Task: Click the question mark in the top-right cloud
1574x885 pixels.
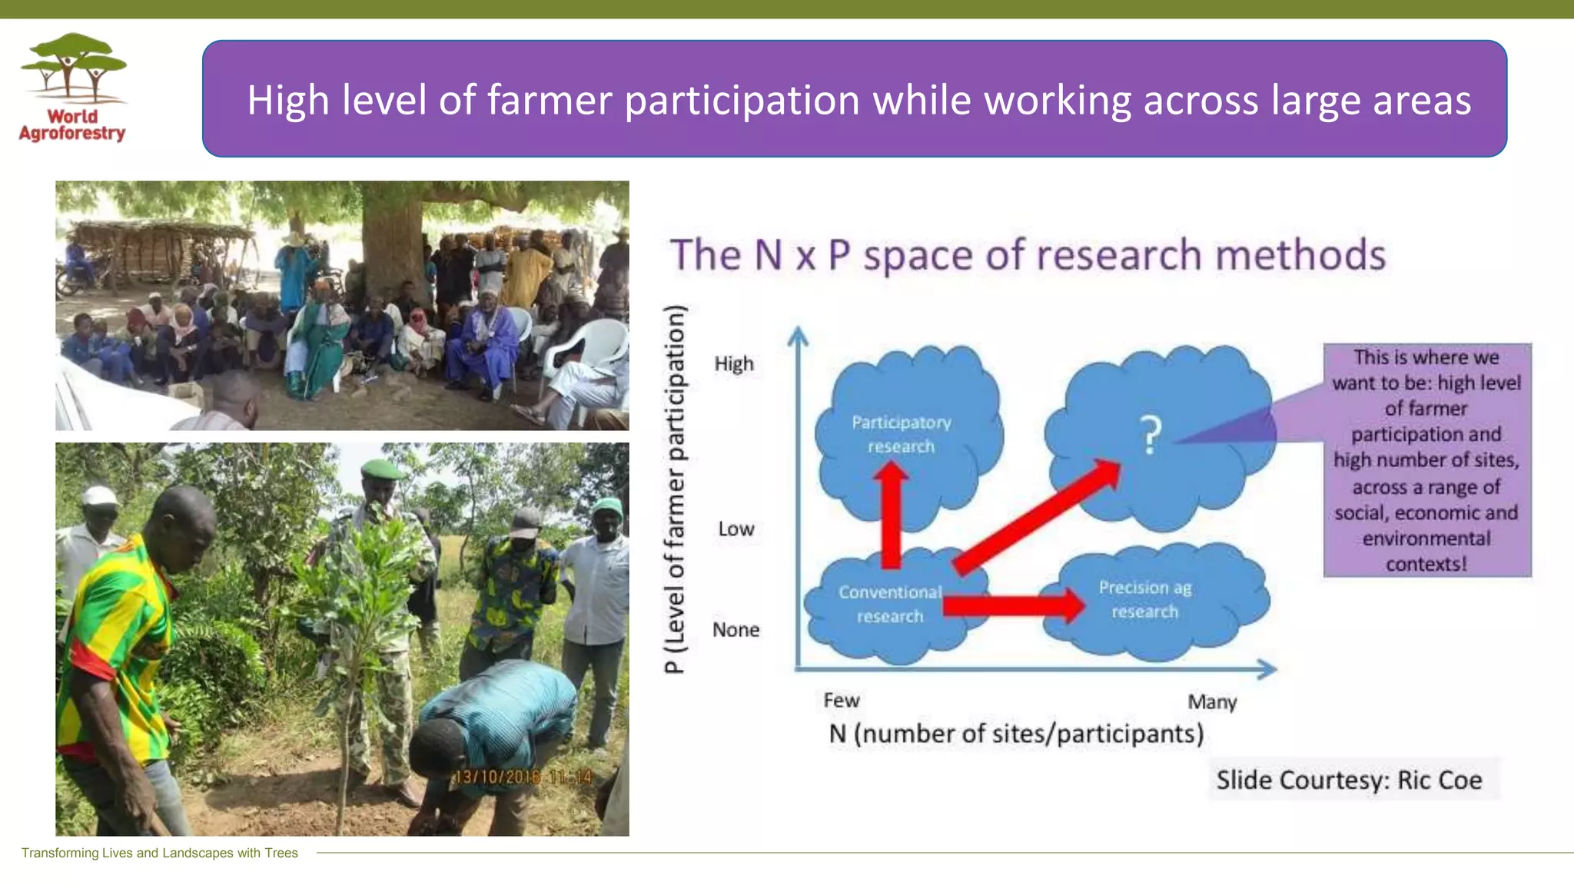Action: tap(1150, 435)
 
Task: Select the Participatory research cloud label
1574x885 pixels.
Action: tap(901, 434)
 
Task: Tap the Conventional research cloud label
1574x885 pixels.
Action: tap(890, 604)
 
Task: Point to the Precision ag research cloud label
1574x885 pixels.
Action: tap(1144, 599)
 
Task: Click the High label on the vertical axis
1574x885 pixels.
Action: tap(734, 364)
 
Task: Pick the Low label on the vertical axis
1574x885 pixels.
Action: tap(736, 529)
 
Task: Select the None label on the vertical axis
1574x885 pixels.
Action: tap(736, 630)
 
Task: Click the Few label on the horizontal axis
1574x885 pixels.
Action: tap(841, 701)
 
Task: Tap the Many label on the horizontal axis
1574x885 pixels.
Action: tap(1212, 702)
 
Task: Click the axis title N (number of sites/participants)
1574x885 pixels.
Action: tap(1016, 734)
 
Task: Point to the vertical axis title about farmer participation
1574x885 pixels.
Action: tap(674, 489)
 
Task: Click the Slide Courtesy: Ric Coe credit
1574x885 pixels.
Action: tap(1349, 781)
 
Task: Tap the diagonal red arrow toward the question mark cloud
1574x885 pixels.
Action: tap(1038, 516)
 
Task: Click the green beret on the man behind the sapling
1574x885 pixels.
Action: tap(382, 468)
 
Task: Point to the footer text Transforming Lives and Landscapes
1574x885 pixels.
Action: tap(159, 853)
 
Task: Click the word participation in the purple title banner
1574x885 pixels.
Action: tap(742, 101)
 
